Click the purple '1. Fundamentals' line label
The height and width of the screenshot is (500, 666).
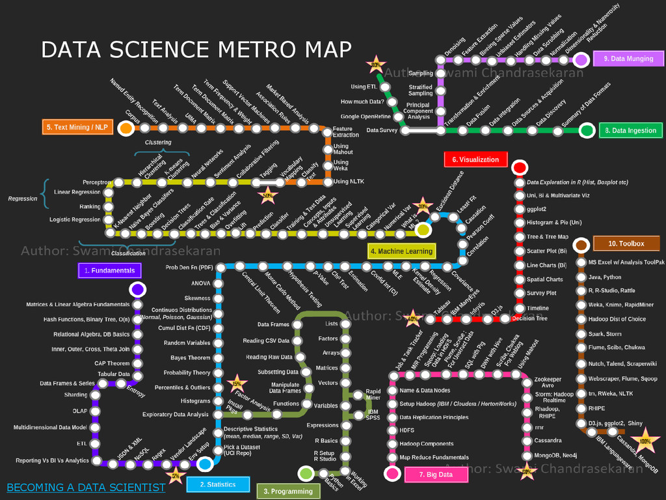pos(109,270)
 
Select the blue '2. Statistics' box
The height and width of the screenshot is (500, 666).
pos(218,484)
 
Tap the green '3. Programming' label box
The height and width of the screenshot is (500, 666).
pos(289,492)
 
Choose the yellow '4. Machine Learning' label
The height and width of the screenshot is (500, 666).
pos(401,251)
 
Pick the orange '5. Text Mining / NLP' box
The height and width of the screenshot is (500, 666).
pos(77,127)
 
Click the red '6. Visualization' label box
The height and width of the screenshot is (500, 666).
pos(475,160)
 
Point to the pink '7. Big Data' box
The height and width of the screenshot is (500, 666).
pos(436,475)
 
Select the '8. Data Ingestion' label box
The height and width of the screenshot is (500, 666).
pos(630,130)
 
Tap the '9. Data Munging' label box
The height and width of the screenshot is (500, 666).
pos(628,59)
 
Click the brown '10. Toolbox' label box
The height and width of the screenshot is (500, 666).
pos(626,243)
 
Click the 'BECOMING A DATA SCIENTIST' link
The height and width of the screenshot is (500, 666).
pos(86,487)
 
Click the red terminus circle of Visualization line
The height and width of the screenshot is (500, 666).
pos(519,168)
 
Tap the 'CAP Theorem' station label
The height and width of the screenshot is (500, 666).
pos(112,363)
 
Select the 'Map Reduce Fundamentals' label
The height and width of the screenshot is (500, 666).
pos(434,458)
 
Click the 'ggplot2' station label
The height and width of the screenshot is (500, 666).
pos(537,209)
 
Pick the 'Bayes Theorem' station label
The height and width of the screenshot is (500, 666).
pos(191,358)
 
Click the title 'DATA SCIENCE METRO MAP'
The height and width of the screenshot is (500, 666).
pos(196,49)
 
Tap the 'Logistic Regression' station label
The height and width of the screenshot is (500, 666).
pos(75,220)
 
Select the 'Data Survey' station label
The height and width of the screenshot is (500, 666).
pos(382,130)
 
